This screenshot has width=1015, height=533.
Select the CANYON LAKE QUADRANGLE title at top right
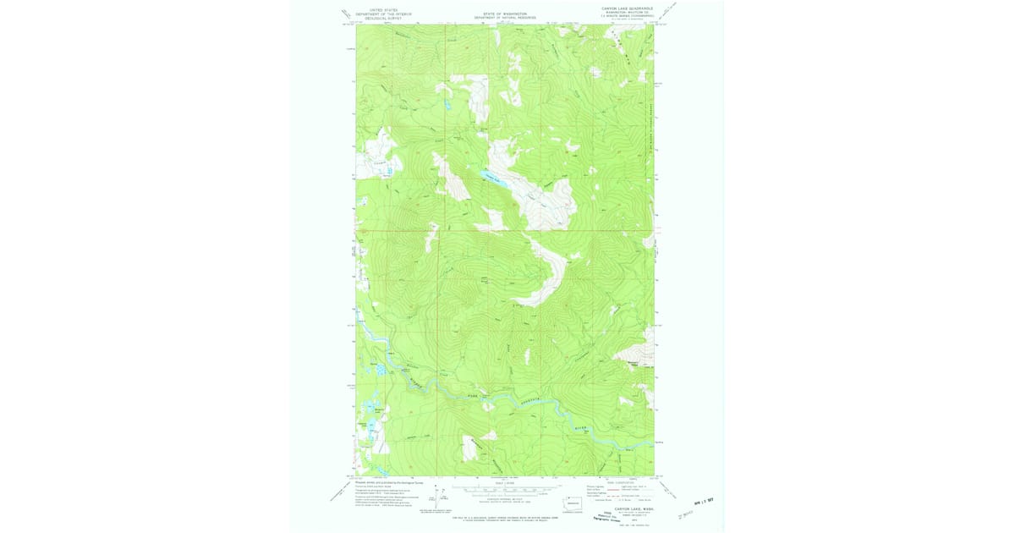pos(627,8)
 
